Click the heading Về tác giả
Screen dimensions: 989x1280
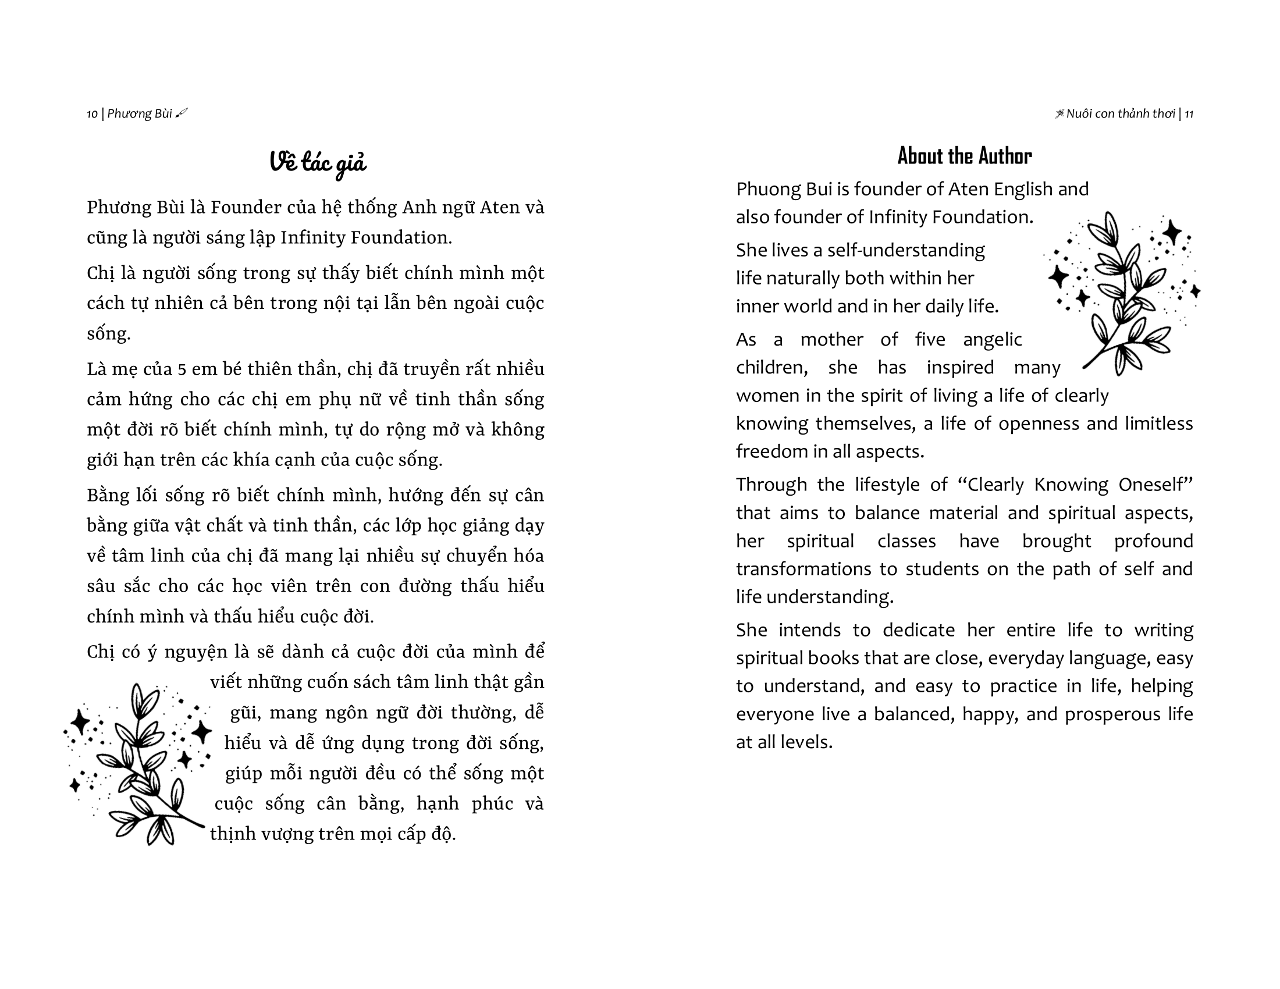(x=318, y=162)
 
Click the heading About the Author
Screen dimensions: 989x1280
(x=964, y=156)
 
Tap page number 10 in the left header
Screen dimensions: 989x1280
(x=92, y=114)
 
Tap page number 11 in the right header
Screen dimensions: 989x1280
(x=1189, y=114)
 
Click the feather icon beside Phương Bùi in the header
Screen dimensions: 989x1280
(x=182, y=113)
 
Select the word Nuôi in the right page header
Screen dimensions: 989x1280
(x=1079, y=114)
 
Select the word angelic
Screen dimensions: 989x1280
(x=992, y=339)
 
